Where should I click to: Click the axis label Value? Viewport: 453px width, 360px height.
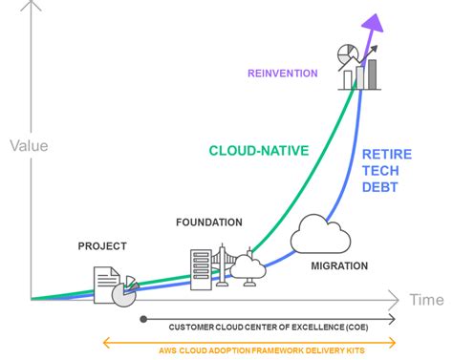tap(29, 146)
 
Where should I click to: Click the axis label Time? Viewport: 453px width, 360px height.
tap(425, 299)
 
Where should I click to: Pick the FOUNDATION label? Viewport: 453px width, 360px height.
tap(209, 222)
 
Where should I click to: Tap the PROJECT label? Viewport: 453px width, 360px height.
tap(101, 246)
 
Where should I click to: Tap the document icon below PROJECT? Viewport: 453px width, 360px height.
tap(106, 284)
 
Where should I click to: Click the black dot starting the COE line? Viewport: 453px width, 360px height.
tap(143, 318)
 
